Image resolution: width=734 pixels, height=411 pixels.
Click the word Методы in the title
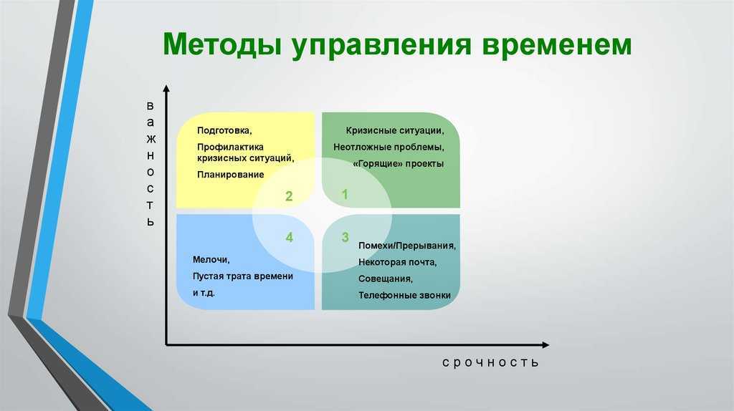(x=222, y=44)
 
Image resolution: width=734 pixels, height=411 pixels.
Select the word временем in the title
(x=556, y=45)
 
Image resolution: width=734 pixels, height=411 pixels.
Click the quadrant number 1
(x=345, y=194)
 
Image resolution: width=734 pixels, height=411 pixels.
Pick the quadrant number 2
(x=289, y=196)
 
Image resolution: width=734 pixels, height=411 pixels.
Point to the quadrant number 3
(x=345, y=237)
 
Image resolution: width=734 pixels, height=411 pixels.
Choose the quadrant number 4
(x=290, y=237)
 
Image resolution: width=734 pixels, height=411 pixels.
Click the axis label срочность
(x=490, y=362)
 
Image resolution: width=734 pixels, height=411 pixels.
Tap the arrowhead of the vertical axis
(x=166, y=88)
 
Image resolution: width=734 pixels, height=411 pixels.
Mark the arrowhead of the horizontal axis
(x=545, y=345)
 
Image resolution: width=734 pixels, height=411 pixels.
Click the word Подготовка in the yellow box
(x=224, y=130)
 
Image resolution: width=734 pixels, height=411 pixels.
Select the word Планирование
(x=230, y=175)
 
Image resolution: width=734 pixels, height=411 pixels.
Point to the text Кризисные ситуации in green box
(x=395, y=131)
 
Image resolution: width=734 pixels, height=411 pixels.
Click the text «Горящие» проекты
(x=398, y=164)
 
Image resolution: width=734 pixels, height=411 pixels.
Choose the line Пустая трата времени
(x=242, y=276)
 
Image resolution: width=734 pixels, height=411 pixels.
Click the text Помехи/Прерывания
(x=407, y=246)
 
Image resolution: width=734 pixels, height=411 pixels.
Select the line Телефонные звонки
(x=404, y=296)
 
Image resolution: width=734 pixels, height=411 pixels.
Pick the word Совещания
(x=385, y=279)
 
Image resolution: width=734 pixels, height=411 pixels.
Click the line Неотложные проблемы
(x=389, y=148)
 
